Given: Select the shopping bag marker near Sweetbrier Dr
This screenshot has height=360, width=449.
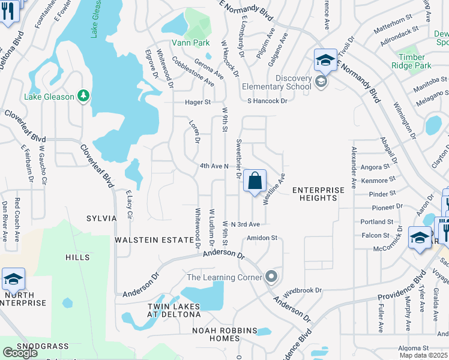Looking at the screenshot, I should [x=255, y=181].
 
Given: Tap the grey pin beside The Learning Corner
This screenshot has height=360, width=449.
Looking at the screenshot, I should [x=271, y=277].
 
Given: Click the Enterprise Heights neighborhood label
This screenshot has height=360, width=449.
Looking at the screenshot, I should [x=318, y=194].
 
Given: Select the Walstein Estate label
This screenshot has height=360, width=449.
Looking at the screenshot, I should [x=154, y=239].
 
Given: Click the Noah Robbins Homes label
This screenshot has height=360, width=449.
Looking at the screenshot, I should [x=224, y=335].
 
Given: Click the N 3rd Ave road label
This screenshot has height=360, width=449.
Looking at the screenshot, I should [x=245, y=224].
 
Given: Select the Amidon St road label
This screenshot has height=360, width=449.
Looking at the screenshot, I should [x=262, y=238].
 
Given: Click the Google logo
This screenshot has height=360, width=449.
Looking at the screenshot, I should [x=20, y=353].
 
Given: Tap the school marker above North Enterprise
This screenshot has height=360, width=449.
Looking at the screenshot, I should [x=13, y=280].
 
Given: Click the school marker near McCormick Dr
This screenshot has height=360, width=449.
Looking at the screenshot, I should [x=419, y=238].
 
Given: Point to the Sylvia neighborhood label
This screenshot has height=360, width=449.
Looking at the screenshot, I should [x=101, y=218].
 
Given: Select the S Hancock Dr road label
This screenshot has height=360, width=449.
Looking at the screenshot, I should [x=268, y=101].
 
